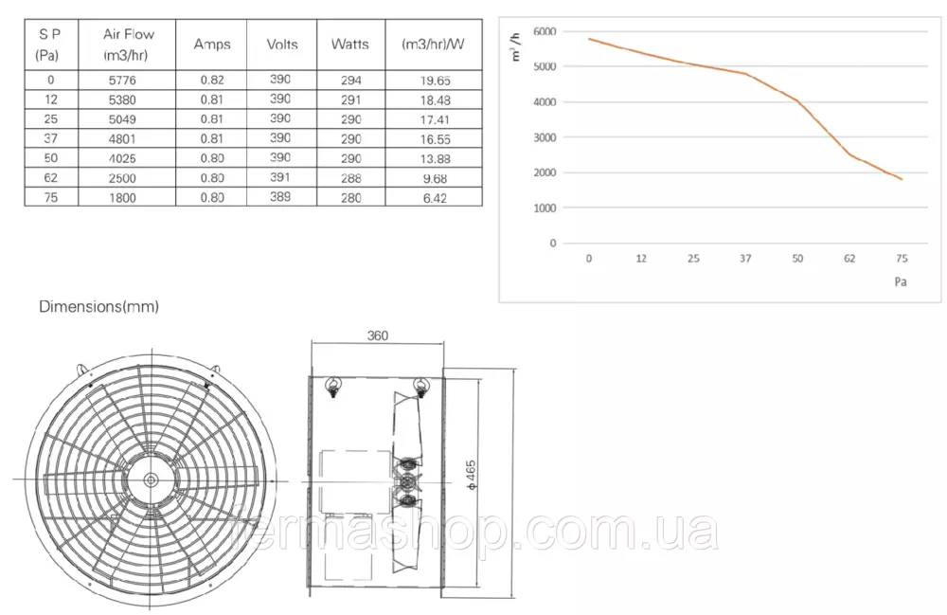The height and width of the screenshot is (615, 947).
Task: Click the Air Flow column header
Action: click(128, 45)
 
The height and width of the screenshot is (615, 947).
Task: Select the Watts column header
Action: click(350, 45)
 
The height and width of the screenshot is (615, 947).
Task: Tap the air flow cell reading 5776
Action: click(122, 81)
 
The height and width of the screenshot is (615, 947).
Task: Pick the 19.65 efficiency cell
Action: click(436, 81)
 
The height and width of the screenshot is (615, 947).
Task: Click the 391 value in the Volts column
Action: click(280, 177)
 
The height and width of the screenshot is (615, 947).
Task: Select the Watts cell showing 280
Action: click(351, 198)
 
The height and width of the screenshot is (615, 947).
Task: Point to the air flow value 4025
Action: click(122, 159)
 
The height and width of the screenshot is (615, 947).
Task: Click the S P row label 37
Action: click(51, 139)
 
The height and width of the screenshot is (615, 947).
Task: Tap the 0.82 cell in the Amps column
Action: click(212, 81)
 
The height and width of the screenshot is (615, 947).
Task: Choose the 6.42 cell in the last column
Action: click(435, 198)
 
